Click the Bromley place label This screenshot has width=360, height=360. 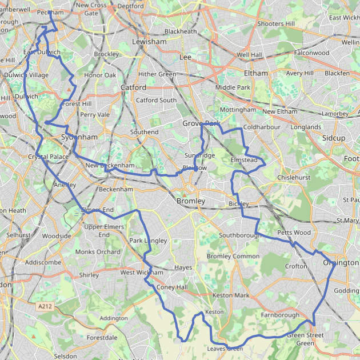[x=191, y=201]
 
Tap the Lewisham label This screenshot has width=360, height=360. [x=149, y=42]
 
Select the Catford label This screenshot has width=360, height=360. [x=133, y=87]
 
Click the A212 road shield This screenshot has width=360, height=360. [x=45, y=307]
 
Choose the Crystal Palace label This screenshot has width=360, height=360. [x=48, y=157]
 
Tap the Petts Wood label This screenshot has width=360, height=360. [x=294, y=233]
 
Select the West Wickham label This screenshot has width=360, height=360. [x=142, y=273]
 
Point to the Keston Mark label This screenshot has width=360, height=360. [x=231, y=295]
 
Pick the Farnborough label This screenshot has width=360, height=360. [x=279, y=315]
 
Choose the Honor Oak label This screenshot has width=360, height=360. [x=100, y=75]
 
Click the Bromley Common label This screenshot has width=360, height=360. [x=233, y=256]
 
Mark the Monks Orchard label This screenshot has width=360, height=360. [x=98, y=252]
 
